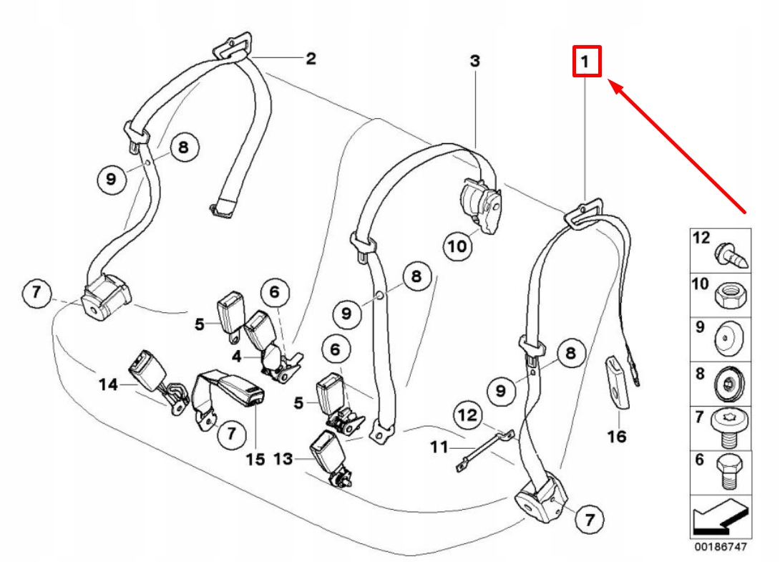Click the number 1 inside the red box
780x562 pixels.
(x=586, y=62)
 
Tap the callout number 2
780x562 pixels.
(x=311, y=59)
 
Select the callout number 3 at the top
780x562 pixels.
(x=475, y=62)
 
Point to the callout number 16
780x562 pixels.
(x=616, y=435)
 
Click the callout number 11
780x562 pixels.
(x=439, y=447)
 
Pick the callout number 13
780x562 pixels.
(x=283, y=459)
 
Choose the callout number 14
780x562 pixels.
(x=108, y=385)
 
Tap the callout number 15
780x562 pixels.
(x=255, y=459)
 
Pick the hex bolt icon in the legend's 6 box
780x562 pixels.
(x=729, y=470)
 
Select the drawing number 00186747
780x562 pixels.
(x=720, y=547)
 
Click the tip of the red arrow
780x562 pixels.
(x=610, y=82)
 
